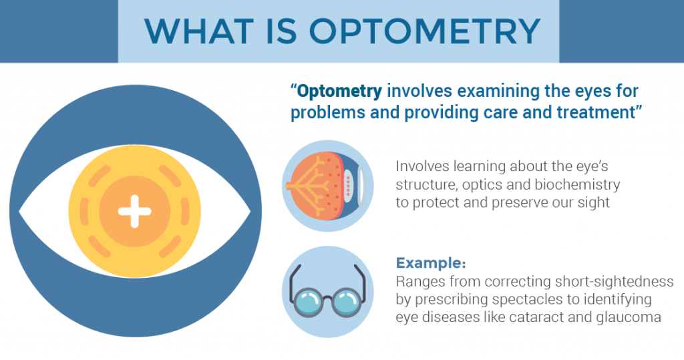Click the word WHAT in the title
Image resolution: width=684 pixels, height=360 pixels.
[x=199, y=31]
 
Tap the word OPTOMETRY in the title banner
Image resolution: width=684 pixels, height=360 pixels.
[x=425, y=31]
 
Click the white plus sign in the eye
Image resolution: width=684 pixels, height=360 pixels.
[x=135, y=212]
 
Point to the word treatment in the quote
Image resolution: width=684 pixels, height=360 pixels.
[x=595, y=113]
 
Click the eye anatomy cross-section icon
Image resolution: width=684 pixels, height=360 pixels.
[x=327, y=186]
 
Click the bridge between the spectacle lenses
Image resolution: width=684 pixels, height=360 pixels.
[x=327, y=299]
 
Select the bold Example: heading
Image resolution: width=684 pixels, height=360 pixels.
[x=431, y=263]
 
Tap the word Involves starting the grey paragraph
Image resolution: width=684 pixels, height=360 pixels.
[x=422, y=166]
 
